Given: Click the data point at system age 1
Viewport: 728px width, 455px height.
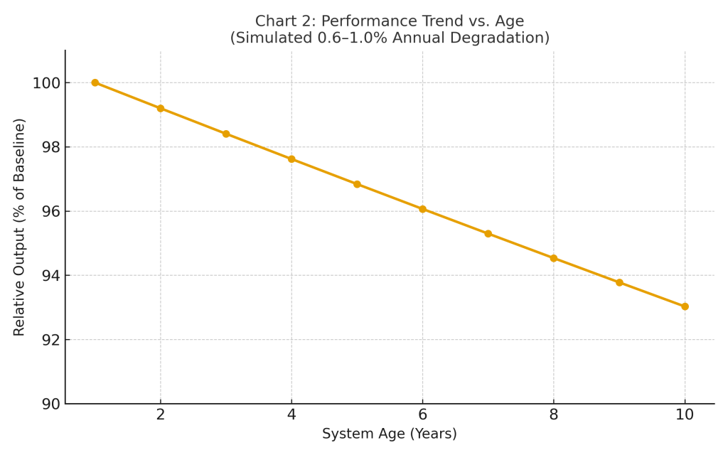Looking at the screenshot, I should click(95, 82).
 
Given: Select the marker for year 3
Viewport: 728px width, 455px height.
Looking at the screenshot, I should click(226, 134).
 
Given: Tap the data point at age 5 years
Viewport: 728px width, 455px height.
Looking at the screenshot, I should click(357, 184).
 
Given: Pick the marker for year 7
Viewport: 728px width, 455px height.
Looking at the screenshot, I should click(488, 233).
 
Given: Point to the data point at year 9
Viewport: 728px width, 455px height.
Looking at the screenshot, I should click(619, 282).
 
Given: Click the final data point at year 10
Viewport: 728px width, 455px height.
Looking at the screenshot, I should click(685, 306).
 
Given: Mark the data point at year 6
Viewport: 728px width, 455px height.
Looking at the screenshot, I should click(422, 209).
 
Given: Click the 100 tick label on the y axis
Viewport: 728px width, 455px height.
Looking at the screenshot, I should click(45, 83).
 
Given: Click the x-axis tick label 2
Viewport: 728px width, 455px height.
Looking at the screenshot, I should click(161, 415).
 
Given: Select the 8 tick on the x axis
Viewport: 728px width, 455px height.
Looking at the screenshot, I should click(554, 415).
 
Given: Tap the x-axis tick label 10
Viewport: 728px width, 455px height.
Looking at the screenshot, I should click(685, 415).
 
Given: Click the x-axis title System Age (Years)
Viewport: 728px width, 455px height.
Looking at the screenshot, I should click(390, 434).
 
